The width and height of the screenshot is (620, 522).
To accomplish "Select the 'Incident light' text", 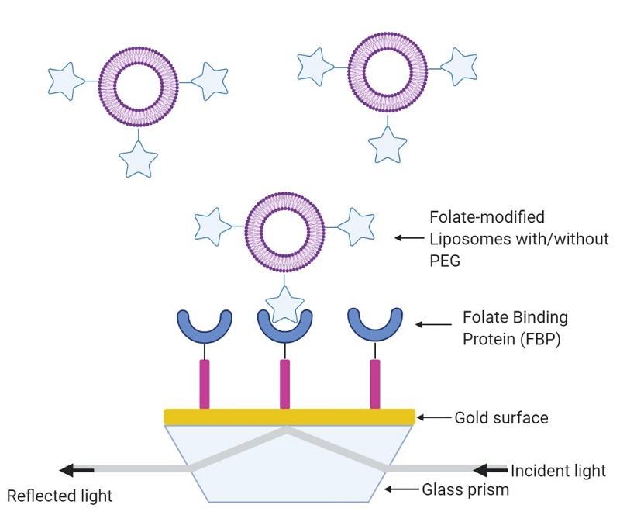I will [558, 471].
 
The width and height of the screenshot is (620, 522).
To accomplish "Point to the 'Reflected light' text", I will [60, 496].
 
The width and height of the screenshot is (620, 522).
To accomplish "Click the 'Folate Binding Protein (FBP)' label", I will [515, 327].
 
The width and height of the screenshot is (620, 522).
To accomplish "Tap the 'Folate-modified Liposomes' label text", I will [519, 239].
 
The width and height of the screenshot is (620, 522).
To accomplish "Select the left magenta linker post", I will [205, 383].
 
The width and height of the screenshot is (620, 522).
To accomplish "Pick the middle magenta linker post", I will [285, 383].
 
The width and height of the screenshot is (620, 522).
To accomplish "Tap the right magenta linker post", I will [376, 383].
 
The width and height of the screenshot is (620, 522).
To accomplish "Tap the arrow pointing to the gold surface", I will [434, 418].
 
